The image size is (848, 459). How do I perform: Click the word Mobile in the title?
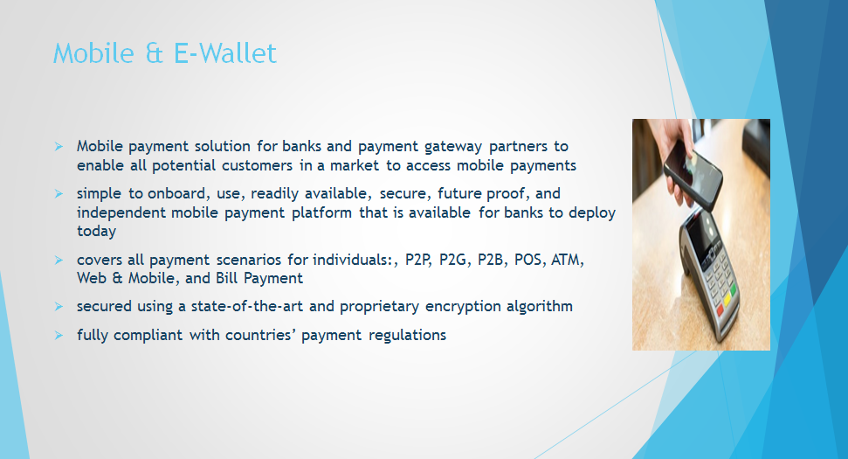(x=93, y=53)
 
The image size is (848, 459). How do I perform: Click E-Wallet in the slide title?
(x=225, y=53)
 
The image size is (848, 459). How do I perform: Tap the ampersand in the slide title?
(x=154, y=53)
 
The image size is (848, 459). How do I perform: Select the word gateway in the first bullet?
(x=452, y=147)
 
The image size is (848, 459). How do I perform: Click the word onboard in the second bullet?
(x=176, y=193)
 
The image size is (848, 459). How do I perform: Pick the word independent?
(x=121, y=212)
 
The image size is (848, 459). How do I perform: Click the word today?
(x=96, y=231)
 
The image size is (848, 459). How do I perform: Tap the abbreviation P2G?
(x=452, y=260)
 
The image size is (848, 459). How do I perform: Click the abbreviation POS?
(x=527, y=260)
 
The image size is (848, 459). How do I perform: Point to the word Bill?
(x=227, y=278)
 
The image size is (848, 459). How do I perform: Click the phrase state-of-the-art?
(x=246, y=306)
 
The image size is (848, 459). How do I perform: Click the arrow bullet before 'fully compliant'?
(x=59, y=336)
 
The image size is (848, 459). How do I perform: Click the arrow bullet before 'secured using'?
(x=59, y=306)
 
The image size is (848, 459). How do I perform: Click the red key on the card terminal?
(x=720, y=310)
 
